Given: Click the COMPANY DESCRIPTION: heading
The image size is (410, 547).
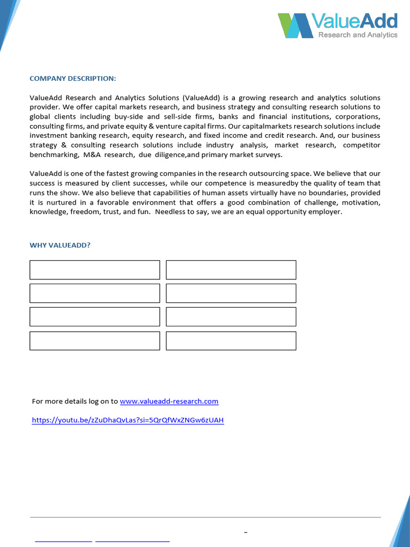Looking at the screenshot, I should (x=73, y=79).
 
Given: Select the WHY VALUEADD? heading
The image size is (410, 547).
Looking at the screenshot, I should (x=60, y=245).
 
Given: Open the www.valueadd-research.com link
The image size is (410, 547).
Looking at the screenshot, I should (x=169, y=401).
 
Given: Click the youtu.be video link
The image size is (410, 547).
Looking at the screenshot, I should (x=128, y=420).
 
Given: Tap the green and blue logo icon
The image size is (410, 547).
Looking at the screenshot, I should (x=295, y=26).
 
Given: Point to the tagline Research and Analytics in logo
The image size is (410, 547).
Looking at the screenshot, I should (x=358, y=35).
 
